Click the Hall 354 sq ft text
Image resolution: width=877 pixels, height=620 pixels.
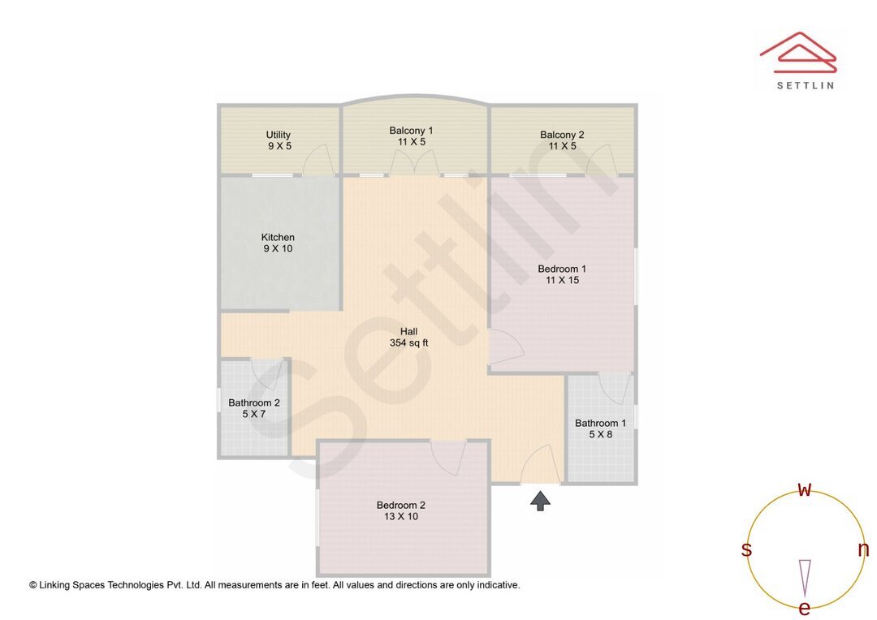[x=408, y=337]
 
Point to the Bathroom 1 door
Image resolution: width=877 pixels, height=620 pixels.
[x=615, y=387]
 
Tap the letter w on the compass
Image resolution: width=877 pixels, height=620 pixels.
[x=805, y=489]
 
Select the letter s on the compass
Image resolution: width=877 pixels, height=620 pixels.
[x=746, y=549]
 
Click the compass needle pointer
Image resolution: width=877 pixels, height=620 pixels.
[x=805, y=576]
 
